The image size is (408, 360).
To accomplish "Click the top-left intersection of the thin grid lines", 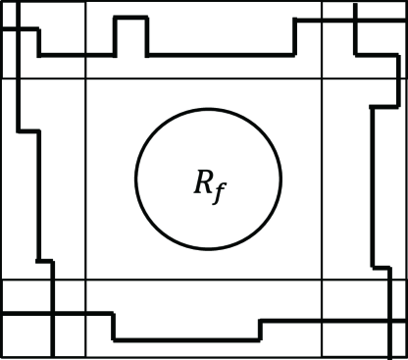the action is click(87, 78).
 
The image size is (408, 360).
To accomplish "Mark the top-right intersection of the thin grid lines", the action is click(323, 78).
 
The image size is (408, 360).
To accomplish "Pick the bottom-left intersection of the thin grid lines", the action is click(87, 281).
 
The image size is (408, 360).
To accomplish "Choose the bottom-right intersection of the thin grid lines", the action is click(323, 281).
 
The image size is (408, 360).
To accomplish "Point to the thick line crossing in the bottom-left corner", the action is click(53, 314).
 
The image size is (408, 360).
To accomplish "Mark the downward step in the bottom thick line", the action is click(114, 327).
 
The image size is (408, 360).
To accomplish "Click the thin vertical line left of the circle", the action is click(87, 177).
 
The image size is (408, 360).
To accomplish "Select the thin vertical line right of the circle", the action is click(323, 177).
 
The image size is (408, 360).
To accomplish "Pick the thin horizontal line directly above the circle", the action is click(206, 78).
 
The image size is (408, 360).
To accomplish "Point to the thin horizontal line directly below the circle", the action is click(206, 281).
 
